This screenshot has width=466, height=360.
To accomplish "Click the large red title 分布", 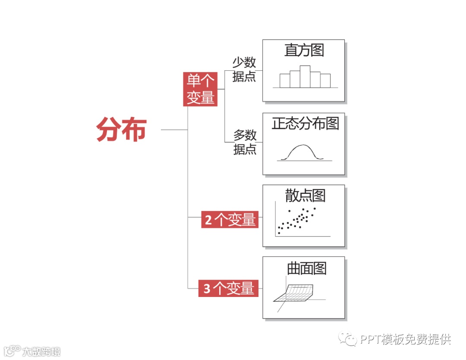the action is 121,129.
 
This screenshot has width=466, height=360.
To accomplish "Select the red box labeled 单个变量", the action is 200,89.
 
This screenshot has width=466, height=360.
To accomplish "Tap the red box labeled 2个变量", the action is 230,220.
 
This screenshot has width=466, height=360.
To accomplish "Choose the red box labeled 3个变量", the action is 228,288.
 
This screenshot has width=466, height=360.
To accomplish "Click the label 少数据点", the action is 244,69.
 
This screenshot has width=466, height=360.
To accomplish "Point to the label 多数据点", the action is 245,142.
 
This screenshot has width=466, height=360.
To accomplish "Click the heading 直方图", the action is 304,50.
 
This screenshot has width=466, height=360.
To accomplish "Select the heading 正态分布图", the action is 305,123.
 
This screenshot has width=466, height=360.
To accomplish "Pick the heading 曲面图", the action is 306,268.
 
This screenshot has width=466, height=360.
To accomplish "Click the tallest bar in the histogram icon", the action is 305,76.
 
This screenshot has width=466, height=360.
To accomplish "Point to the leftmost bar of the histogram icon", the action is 285,81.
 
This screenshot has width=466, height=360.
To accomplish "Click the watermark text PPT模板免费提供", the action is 405,339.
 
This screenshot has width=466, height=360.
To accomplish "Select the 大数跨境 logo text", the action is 41,351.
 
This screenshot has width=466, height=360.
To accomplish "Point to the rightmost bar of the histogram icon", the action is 325,81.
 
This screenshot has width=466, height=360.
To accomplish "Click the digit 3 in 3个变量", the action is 207,288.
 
